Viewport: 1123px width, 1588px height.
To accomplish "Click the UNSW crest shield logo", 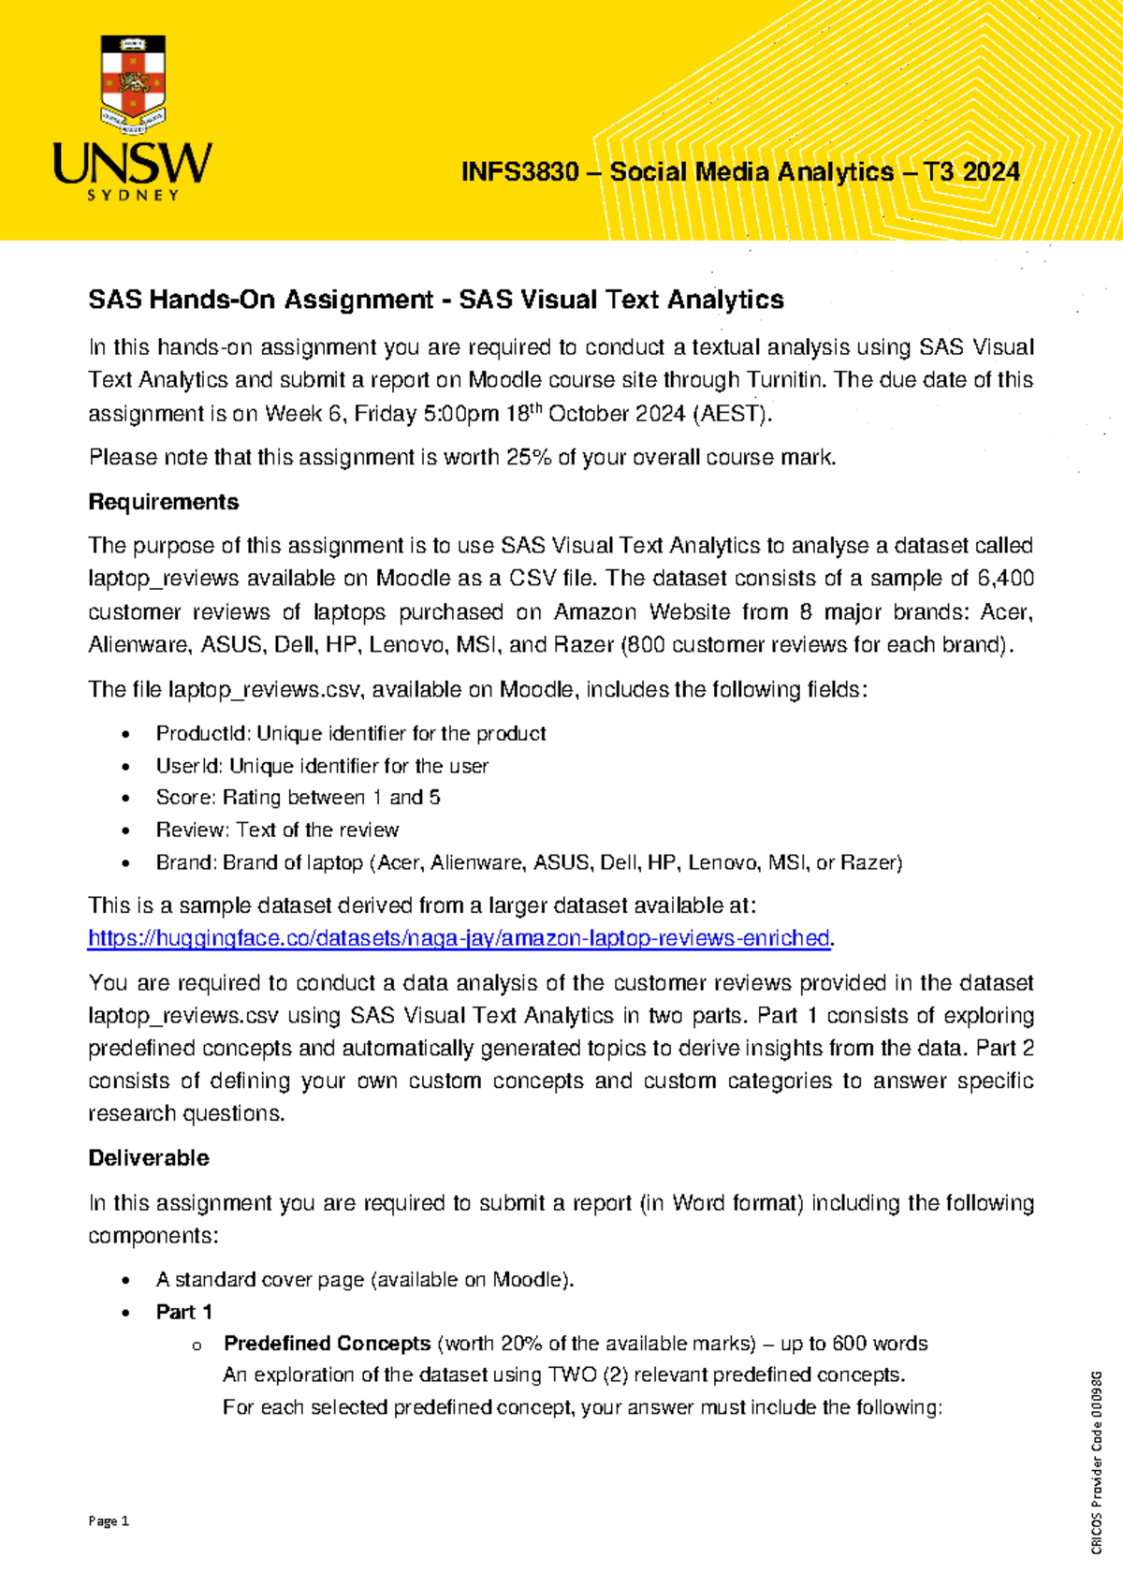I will (133, 82).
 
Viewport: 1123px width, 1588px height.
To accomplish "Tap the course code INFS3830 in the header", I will (519, 172).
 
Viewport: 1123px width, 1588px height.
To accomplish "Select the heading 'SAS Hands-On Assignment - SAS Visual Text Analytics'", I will (435, 300).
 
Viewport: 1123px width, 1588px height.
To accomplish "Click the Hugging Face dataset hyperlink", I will (459, 938).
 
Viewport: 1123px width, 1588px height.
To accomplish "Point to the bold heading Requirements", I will (163, 502).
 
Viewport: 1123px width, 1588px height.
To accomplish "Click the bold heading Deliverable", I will (149, 1158).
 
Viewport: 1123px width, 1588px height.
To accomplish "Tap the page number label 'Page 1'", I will (109, 1522).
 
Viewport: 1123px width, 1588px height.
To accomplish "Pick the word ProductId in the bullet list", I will (202, 733).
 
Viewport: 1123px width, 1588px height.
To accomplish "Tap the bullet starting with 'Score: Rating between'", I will (298, 798).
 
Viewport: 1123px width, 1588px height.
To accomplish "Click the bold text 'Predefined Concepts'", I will (327, 1344).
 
